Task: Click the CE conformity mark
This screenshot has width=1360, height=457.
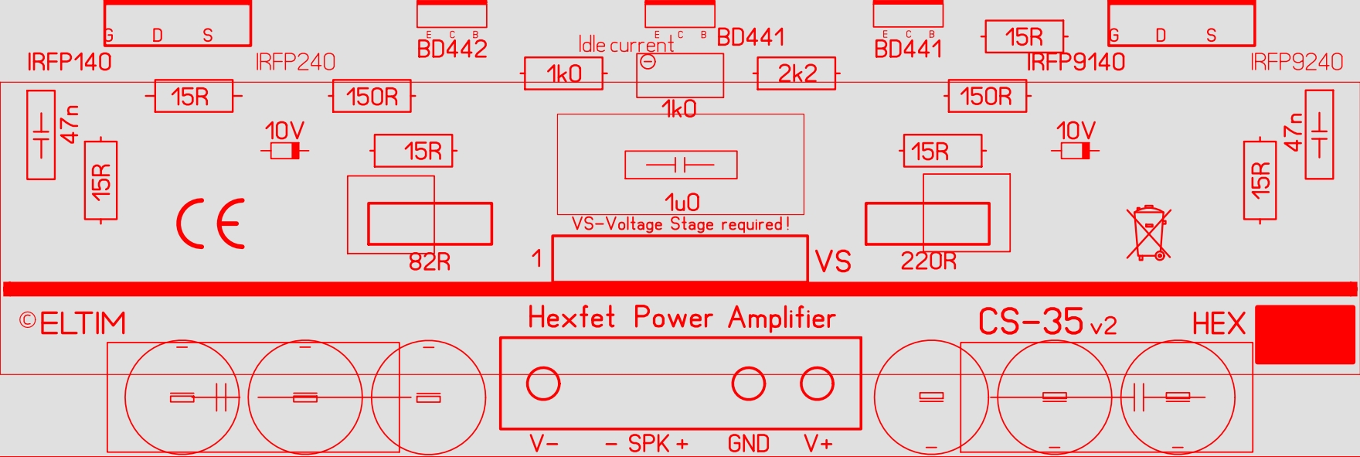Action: point(210,223)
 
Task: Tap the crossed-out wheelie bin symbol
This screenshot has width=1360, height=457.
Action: point(1148,232)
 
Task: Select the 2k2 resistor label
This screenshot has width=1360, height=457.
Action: point(797,73)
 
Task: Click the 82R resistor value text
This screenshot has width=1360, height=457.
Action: point(429,262)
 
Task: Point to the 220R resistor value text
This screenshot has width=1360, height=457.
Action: point(928,262)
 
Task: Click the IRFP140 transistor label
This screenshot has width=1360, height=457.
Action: point(69,62)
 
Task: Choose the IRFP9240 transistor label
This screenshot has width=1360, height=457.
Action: point(1297,62)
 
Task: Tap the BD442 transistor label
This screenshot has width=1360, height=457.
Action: point(452,49)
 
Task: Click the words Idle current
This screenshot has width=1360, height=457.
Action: point(626,45)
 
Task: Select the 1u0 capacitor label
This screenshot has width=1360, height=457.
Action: point(682,203)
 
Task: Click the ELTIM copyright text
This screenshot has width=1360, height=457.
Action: point(73,323)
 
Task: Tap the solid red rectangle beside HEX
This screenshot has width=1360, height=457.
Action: point(1304,334)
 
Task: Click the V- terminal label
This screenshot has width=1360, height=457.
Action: point(544,444)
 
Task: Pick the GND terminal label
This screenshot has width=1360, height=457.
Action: point(748,444)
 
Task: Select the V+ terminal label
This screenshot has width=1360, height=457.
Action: point(818,444)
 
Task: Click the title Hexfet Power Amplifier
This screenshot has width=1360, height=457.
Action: point(682,318)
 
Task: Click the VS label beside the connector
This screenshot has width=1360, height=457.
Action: point(833,262)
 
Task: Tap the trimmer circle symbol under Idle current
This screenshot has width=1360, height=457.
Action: point(648,63)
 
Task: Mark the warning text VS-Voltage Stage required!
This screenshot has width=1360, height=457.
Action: point(680,224)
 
